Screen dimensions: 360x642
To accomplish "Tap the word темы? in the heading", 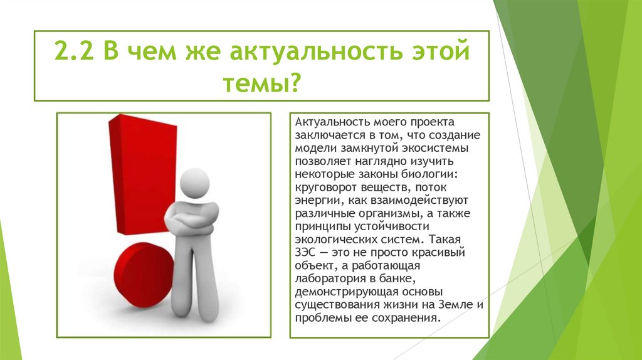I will [x=261, y=82].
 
